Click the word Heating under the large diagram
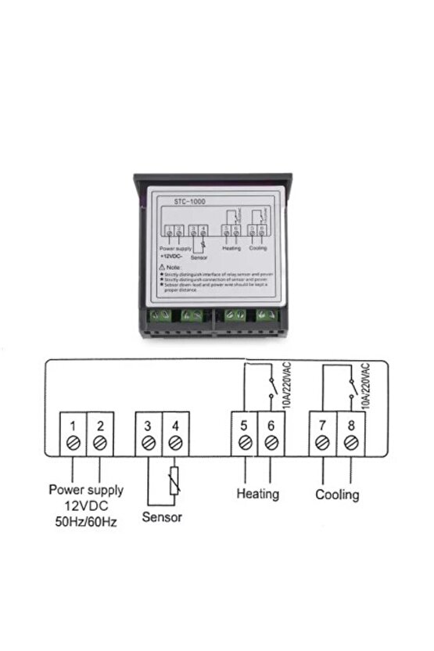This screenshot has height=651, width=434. click(257, 494)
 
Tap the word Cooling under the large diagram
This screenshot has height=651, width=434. click(337, 495)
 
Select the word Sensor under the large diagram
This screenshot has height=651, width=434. click(162, 517)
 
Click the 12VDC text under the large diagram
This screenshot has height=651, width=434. click(86, 505)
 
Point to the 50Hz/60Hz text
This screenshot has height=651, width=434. click(86, 521)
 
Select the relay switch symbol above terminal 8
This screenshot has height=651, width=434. click(350, 386)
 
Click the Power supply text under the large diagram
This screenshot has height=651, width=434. click(86, 491)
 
